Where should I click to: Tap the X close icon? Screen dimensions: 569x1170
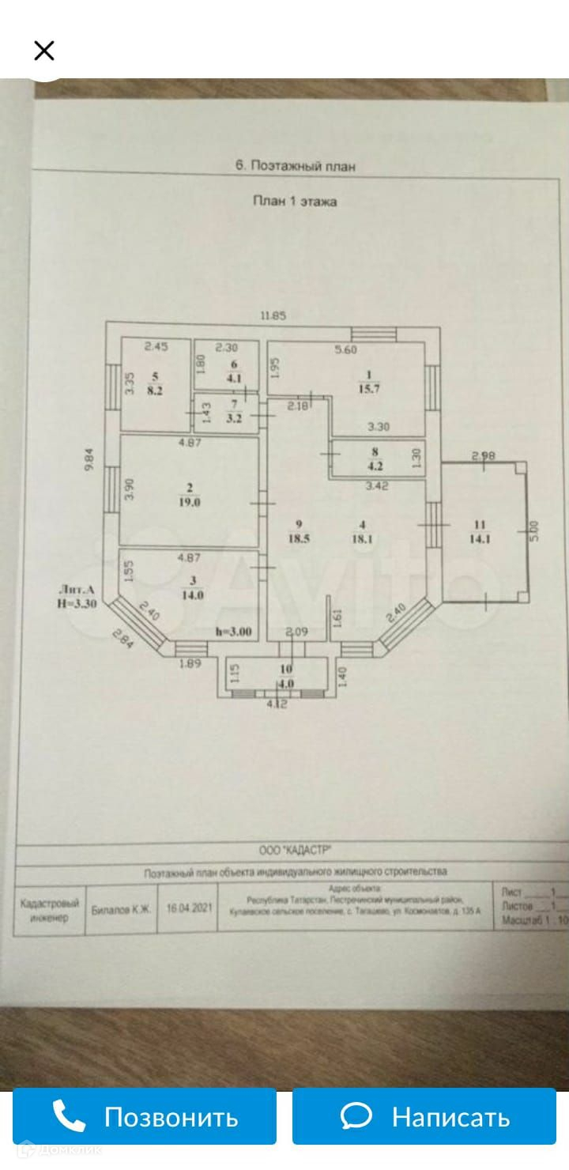[x=44, y=51]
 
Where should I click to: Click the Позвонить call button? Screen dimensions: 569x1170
[x=145, y=1116]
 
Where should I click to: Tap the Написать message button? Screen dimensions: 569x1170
[x=424, y=1116]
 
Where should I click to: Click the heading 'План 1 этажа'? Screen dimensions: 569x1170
[x=295, y=202]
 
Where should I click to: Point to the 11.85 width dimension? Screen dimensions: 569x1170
[x=273, y=315]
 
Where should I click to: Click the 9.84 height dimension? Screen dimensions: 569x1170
[x=90, y=461]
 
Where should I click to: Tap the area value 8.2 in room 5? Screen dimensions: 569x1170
[x=155, y=390]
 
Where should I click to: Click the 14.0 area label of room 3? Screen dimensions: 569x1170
[x=193, y=595]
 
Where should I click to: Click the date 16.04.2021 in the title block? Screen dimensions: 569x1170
[x=189, y=908]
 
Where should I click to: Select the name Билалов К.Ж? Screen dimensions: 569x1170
[x=121, y=909]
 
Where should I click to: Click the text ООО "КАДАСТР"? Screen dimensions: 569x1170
[x=296, y=851]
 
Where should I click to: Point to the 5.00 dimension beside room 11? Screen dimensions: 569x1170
[x=533, y=530]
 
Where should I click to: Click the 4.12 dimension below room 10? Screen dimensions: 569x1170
[x=277, y=704]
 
